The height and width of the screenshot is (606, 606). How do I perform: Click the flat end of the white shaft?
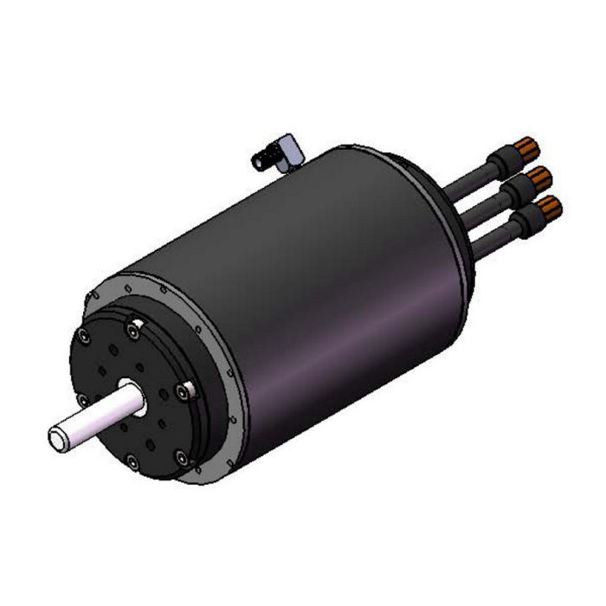coord(57,436)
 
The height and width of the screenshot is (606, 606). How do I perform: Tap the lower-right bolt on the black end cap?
coord(179,458)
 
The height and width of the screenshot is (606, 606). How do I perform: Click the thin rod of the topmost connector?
coord(472,177)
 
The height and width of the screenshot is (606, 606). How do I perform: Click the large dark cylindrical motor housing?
coord(329,277)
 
